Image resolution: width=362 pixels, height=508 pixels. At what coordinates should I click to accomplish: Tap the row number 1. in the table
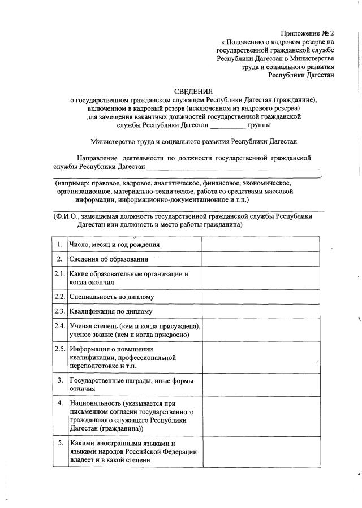click(59, 244)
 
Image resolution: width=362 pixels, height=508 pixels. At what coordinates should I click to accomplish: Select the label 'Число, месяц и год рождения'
click(114, 245)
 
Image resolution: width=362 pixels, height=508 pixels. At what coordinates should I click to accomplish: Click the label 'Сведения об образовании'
click(109, 259)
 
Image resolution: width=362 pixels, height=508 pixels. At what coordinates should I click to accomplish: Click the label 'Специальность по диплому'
click(111, 297)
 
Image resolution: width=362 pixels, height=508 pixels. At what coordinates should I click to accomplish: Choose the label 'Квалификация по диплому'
click(111, 311)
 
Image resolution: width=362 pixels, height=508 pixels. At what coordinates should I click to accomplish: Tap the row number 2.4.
click(59, 326)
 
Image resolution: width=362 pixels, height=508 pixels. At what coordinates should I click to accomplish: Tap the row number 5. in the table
click(59, 443)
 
